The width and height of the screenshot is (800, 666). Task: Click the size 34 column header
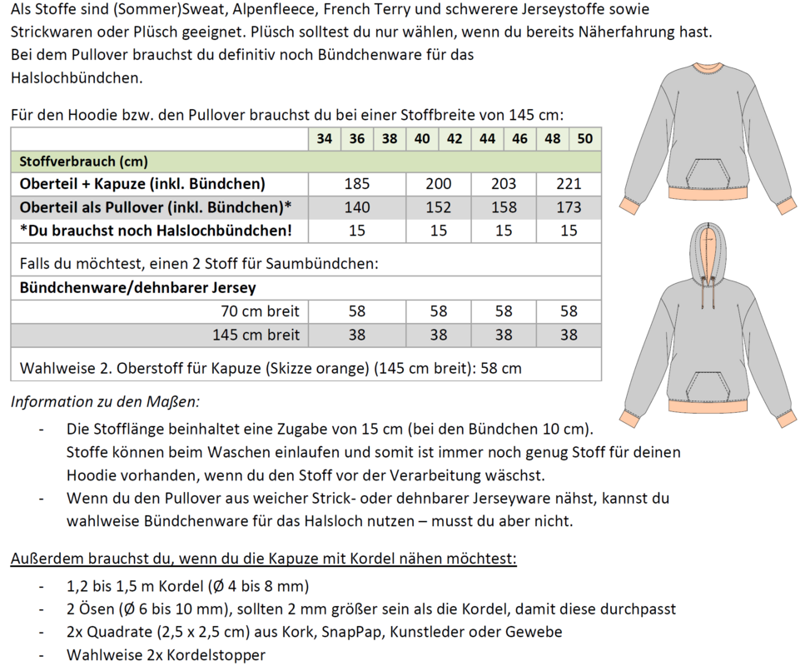pos(325,139)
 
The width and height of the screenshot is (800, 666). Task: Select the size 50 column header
pos(585,139)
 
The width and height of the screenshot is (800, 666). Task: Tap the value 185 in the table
pos(357,184)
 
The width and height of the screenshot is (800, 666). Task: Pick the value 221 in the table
pos(569,184)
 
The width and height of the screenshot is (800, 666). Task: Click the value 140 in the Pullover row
pos(357,207)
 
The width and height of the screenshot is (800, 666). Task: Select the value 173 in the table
pos(569,207)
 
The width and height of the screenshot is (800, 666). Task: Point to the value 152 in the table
pos(439,207)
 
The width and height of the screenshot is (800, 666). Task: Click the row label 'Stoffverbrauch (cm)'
pos(83,162)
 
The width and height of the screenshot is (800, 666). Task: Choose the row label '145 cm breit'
pos(255,335)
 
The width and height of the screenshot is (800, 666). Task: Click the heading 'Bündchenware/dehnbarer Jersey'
pos(137,288)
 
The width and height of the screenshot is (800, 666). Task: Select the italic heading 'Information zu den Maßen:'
pos(105,402)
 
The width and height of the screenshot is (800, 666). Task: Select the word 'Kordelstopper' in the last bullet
pos(216,655)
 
